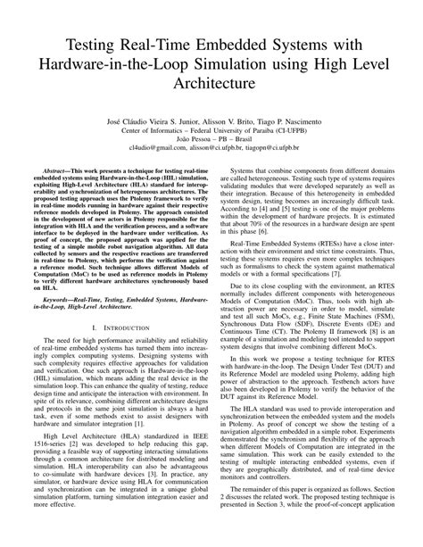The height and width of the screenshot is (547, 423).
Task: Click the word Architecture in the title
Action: (211, 82)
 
